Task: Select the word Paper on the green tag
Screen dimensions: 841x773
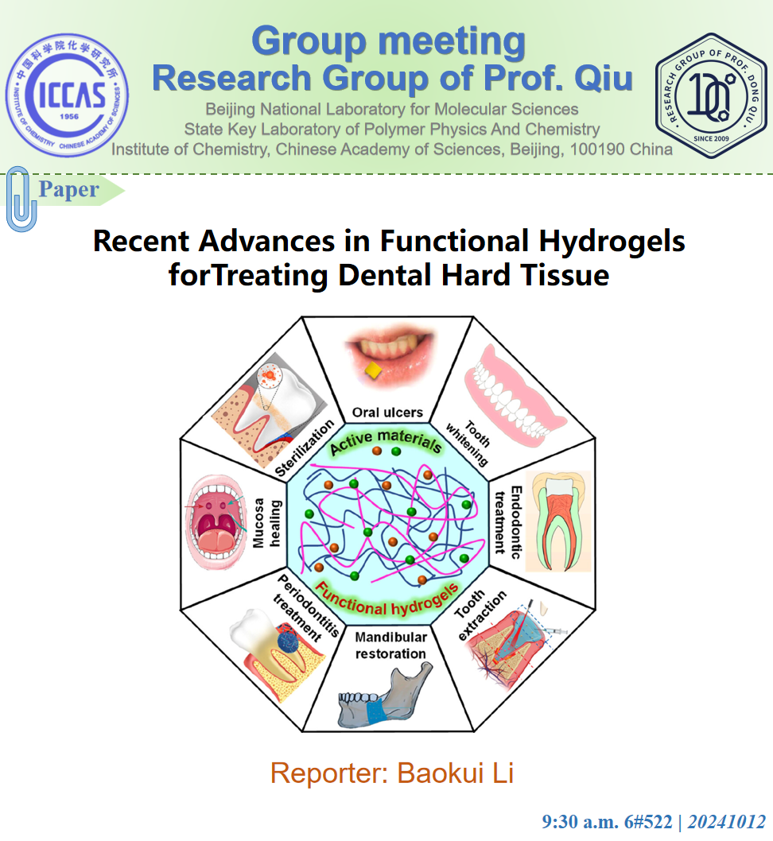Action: coord(69,189)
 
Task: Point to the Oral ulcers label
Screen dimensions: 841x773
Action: coord(387,413)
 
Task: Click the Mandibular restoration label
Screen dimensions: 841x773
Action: coord(390,645)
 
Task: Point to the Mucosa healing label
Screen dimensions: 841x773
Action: coord(266,519)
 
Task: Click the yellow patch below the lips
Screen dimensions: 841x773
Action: coord(371,370)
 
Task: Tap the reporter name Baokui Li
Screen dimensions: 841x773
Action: coord(453,773)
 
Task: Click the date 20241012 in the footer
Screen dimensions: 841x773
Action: coord(727,822)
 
